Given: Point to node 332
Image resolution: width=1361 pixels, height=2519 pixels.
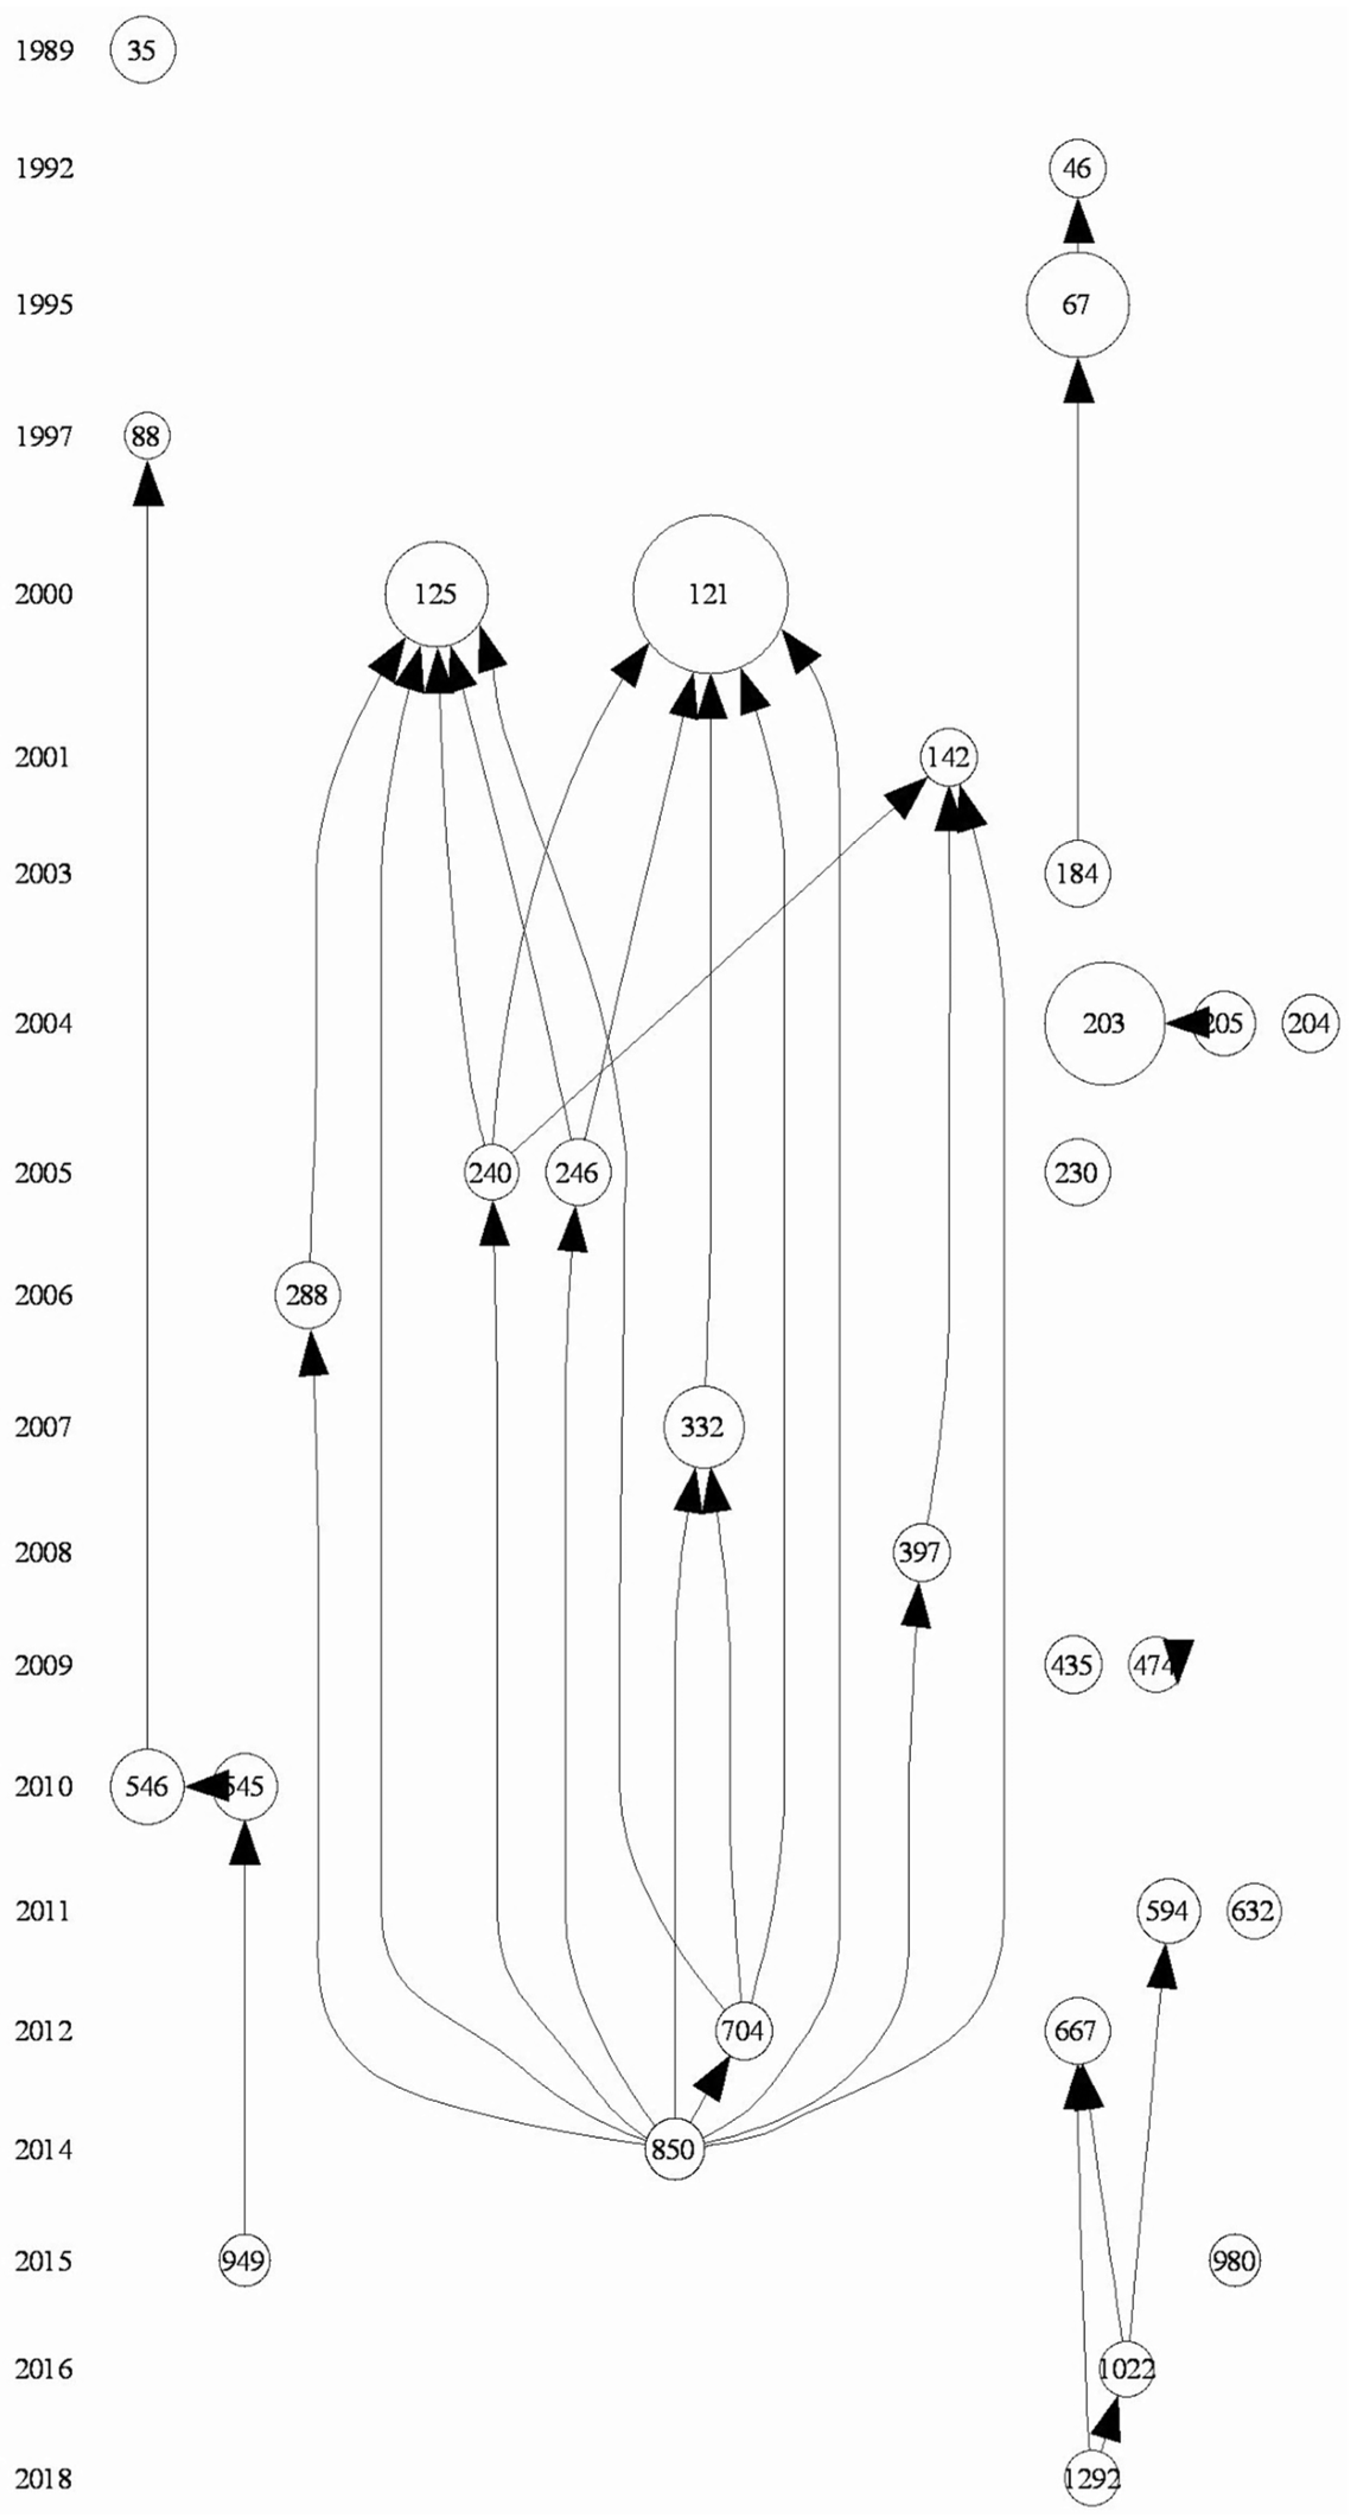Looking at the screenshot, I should pos(703,1428).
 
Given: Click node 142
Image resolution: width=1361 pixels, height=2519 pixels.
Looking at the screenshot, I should pos(948,757).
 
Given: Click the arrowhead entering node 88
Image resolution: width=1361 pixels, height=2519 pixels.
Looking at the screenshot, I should pos(148,483).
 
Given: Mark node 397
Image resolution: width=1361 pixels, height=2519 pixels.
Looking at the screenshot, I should pos(920,1552).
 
